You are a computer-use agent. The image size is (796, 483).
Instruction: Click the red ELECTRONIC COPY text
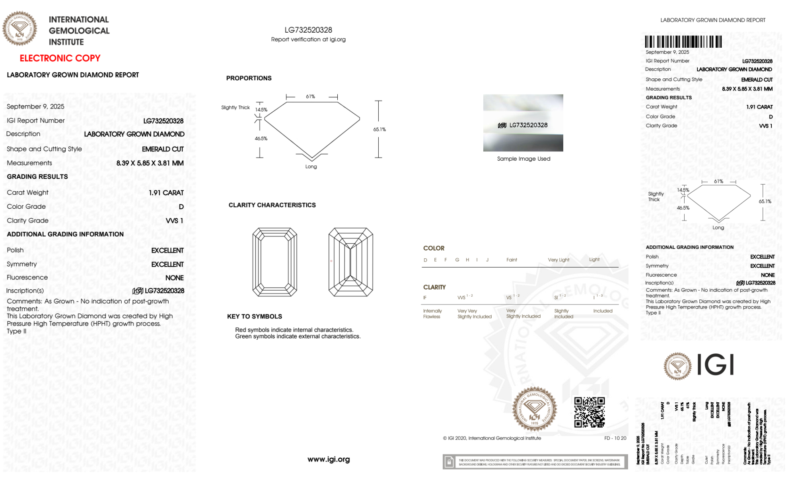[x=60, y=58]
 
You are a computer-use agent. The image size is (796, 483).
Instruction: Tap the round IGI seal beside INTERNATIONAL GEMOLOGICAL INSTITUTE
[x=19, y=28]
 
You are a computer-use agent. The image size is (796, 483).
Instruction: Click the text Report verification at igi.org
[x=308, y=39]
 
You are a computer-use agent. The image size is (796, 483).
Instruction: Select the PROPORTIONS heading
[x=249, y=78]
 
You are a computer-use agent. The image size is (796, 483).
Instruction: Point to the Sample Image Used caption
[x=524, y=159]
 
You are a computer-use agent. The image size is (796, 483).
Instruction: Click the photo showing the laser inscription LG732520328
[x=523, y=123]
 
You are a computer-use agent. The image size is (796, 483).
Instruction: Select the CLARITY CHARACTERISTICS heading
[x=272, y=205]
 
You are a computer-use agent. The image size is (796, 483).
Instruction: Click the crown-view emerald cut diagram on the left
[x=274, y=262]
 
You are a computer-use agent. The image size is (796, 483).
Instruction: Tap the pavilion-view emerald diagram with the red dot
[x=350, y=262]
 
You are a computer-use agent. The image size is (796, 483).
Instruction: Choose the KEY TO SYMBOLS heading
[x=255, y=316]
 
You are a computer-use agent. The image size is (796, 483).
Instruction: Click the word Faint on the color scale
[x=512, y=260]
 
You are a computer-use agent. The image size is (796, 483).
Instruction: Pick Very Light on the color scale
[x=559, y=260]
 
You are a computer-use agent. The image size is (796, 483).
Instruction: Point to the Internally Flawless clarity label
[x=432, y=314]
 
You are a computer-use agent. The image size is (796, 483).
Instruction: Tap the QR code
[x=589, y=412]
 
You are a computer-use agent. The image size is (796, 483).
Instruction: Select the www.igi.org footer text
[x=329, y=459]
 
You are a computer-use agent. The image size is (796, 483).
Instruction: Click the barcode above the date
[x=683, y=42]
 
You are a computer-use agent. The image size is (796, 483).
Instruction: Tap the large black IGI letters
[x=716, y=365]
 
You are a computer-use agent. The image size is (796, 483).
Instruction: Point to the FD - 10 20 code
[x=615, y=438]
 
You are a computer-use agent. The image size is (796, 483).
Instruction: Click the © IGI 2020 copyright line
[x=492, y=438]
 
